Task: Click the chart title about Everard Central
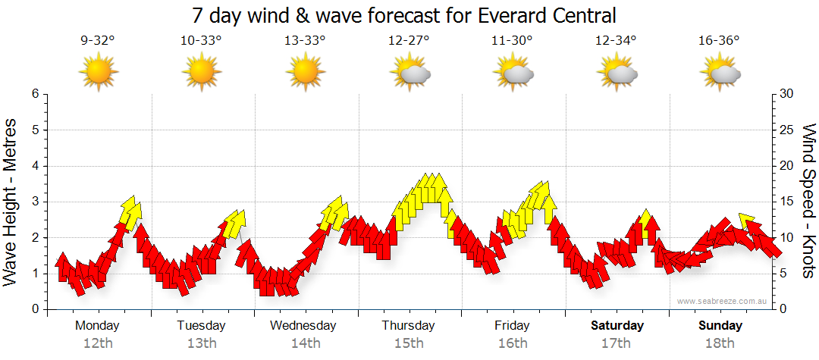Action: [404, 14]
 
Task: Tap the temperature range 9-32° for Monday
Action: [98, 41]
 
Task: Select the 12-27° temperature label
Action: [409, 41]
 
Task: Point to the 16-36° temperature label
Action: [719, 41]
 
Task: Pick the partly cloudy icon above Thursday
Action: [410, 73]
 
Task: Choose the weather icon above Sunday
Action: [720, 73]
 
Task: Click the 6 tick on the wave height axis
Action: [34, 94]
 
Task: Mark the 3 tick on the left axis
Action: [34, 202]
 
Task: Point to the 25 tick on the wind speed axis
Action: [787, 130]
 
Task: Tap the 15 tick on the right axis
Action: [787, 202]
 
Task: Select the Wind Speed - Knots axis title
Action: [808, 202]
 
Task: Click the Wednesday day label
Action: [303, 326]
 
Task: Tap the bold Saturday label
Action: [617, 326]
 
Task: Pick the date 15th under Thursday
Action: [409, 343]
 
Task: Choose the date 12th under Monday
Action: [98, 343]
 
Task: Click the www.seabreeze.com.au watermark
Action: [724, 301]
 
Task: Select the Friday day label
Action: [512, 326]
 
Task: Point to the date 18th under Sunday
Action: [720, 343]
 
